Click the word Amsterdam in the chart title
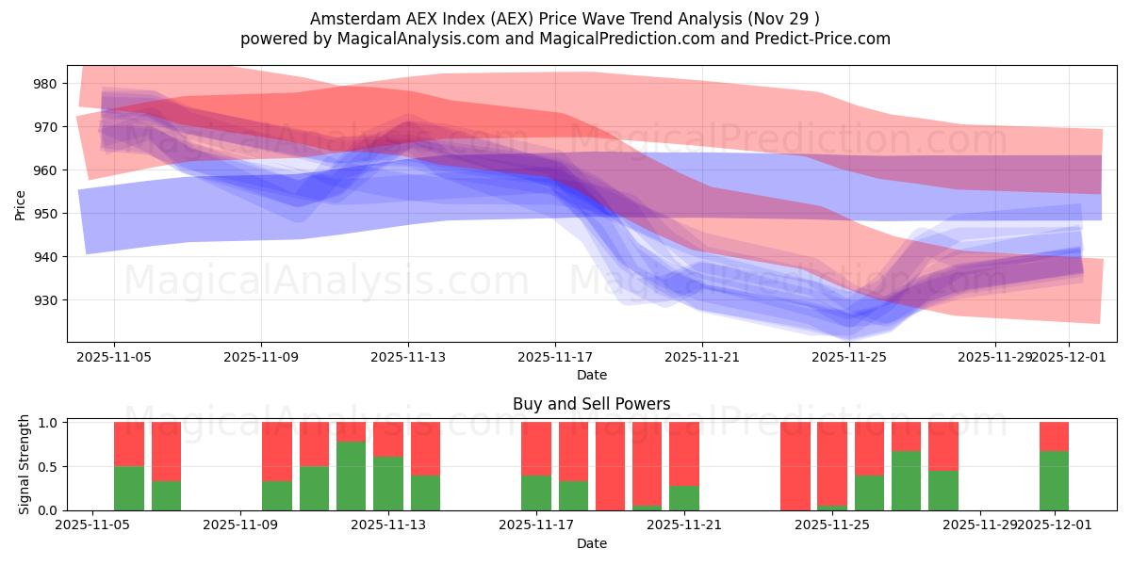(x=348, y=19)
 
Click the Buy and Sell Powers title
(x=591, y=404)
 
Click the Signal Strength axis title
(x=25, y=465)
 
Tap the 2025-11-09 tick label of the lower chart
(x=241, y=525)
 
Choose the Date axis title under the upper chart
(x=591, y=375)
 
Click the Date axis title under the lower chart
(x=591, y=543)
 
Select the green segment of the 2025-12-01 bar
(x=1054, y=480)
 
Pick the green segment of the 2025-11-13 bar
(x=388, y=483)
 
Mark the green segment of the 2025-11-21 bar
(x=684, y=498)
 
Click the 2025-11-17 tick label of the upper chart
(x=555, y=357)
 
